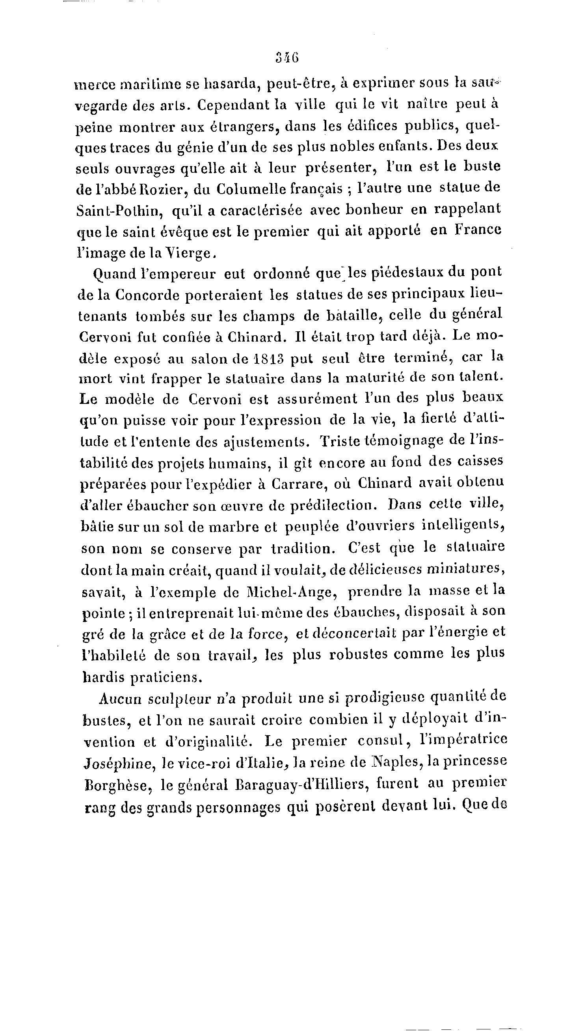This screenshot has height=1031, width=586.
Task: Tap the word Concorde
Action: (147, 295)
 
